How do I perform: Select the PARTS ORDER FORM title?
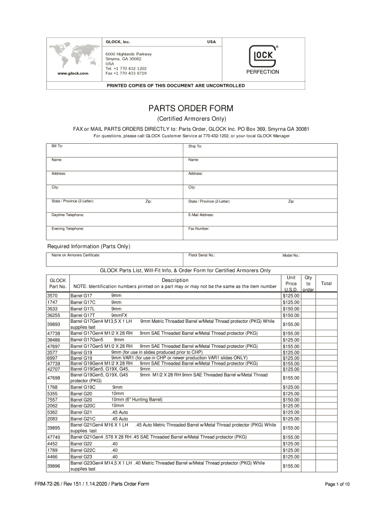[192, 109]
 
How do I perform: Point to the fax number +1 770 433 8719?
[126, 73]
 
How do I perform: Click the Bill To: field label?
[57, 146]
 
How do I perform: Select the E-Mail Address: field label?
[201, 215]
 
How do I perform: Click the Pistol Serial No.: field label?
[201, 255]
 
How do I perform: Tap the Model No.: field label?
[291, 255]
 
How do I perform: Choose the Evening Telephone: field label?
[68, 229]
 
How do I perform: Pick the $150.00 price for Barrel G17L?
[291, 309]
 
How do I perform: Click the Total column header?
[326, 283]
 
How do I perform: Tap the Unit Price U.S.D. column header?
[291, 283]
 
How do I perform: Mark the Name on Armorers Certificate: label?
[76, 255]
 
